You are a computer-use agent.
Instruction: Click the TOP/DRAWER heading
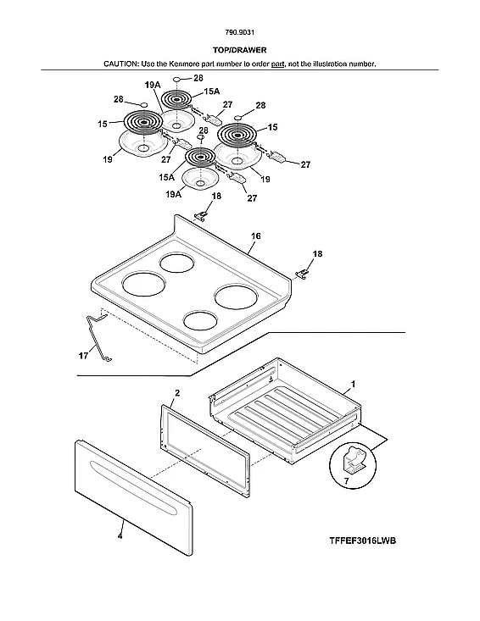click(239, 50)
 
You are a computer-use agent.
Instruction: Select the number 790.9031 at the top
click(239, 35)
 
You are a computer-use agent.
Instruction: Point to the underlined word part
click(277, 64)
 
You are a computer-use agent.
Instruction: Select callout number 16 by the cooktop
click(255, 236)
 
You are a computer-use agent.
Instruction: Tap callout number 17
click(83, 357)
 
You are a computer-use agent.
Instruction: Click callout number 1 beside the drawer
click(353, 384)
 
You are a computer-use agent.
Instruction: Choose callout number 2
click(176, 393)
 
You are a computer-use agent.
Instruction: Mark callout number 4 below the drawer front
click(119, 536)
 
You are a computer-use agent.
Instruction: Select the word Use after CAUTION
click(153, 64)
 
